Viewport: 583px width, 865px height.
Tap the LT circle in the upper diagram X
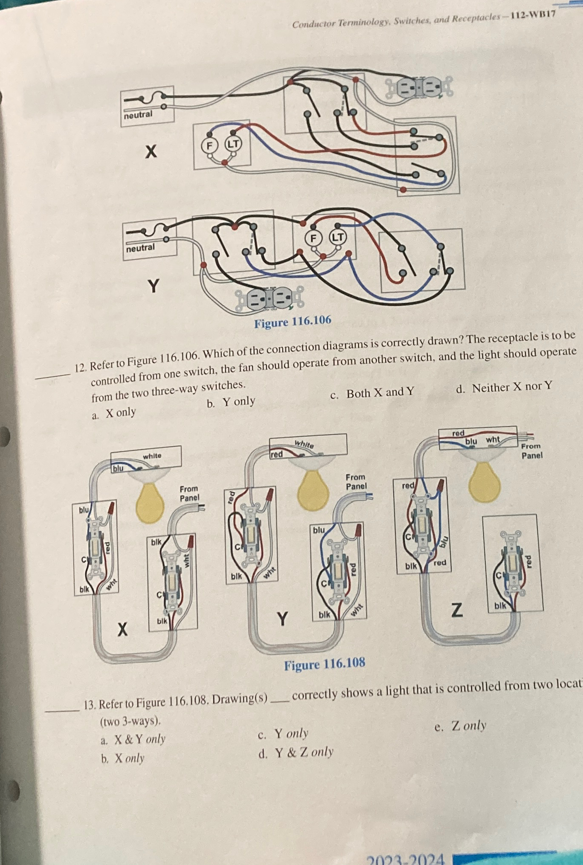click(233, 144)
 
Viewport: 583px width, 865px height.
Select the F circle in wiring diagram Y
click(313, 238)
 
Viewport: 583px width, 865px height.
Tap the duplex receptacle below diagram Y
click(270, 298)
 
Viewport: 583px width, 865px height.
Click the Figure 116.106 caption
click(293, 322)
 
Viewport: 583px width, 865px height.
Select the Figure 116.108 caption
click(325, 664)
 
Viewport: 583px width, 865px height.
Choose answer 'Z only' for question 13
click(468, 726)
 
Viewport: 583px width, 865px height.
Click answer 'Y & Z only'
click(304, 752)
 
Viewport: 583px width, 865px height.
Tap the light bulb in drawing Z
click(484, 482)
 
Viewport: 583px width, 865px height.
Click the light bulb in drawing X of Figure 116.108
click(150, 503)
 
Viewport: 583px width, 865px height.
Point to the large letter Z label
click(456, 610)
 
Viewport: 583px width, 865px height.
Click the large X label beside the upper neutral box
click(151, 151)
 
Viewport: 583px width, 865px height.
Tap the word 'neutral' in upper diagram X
click(138, 114)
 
